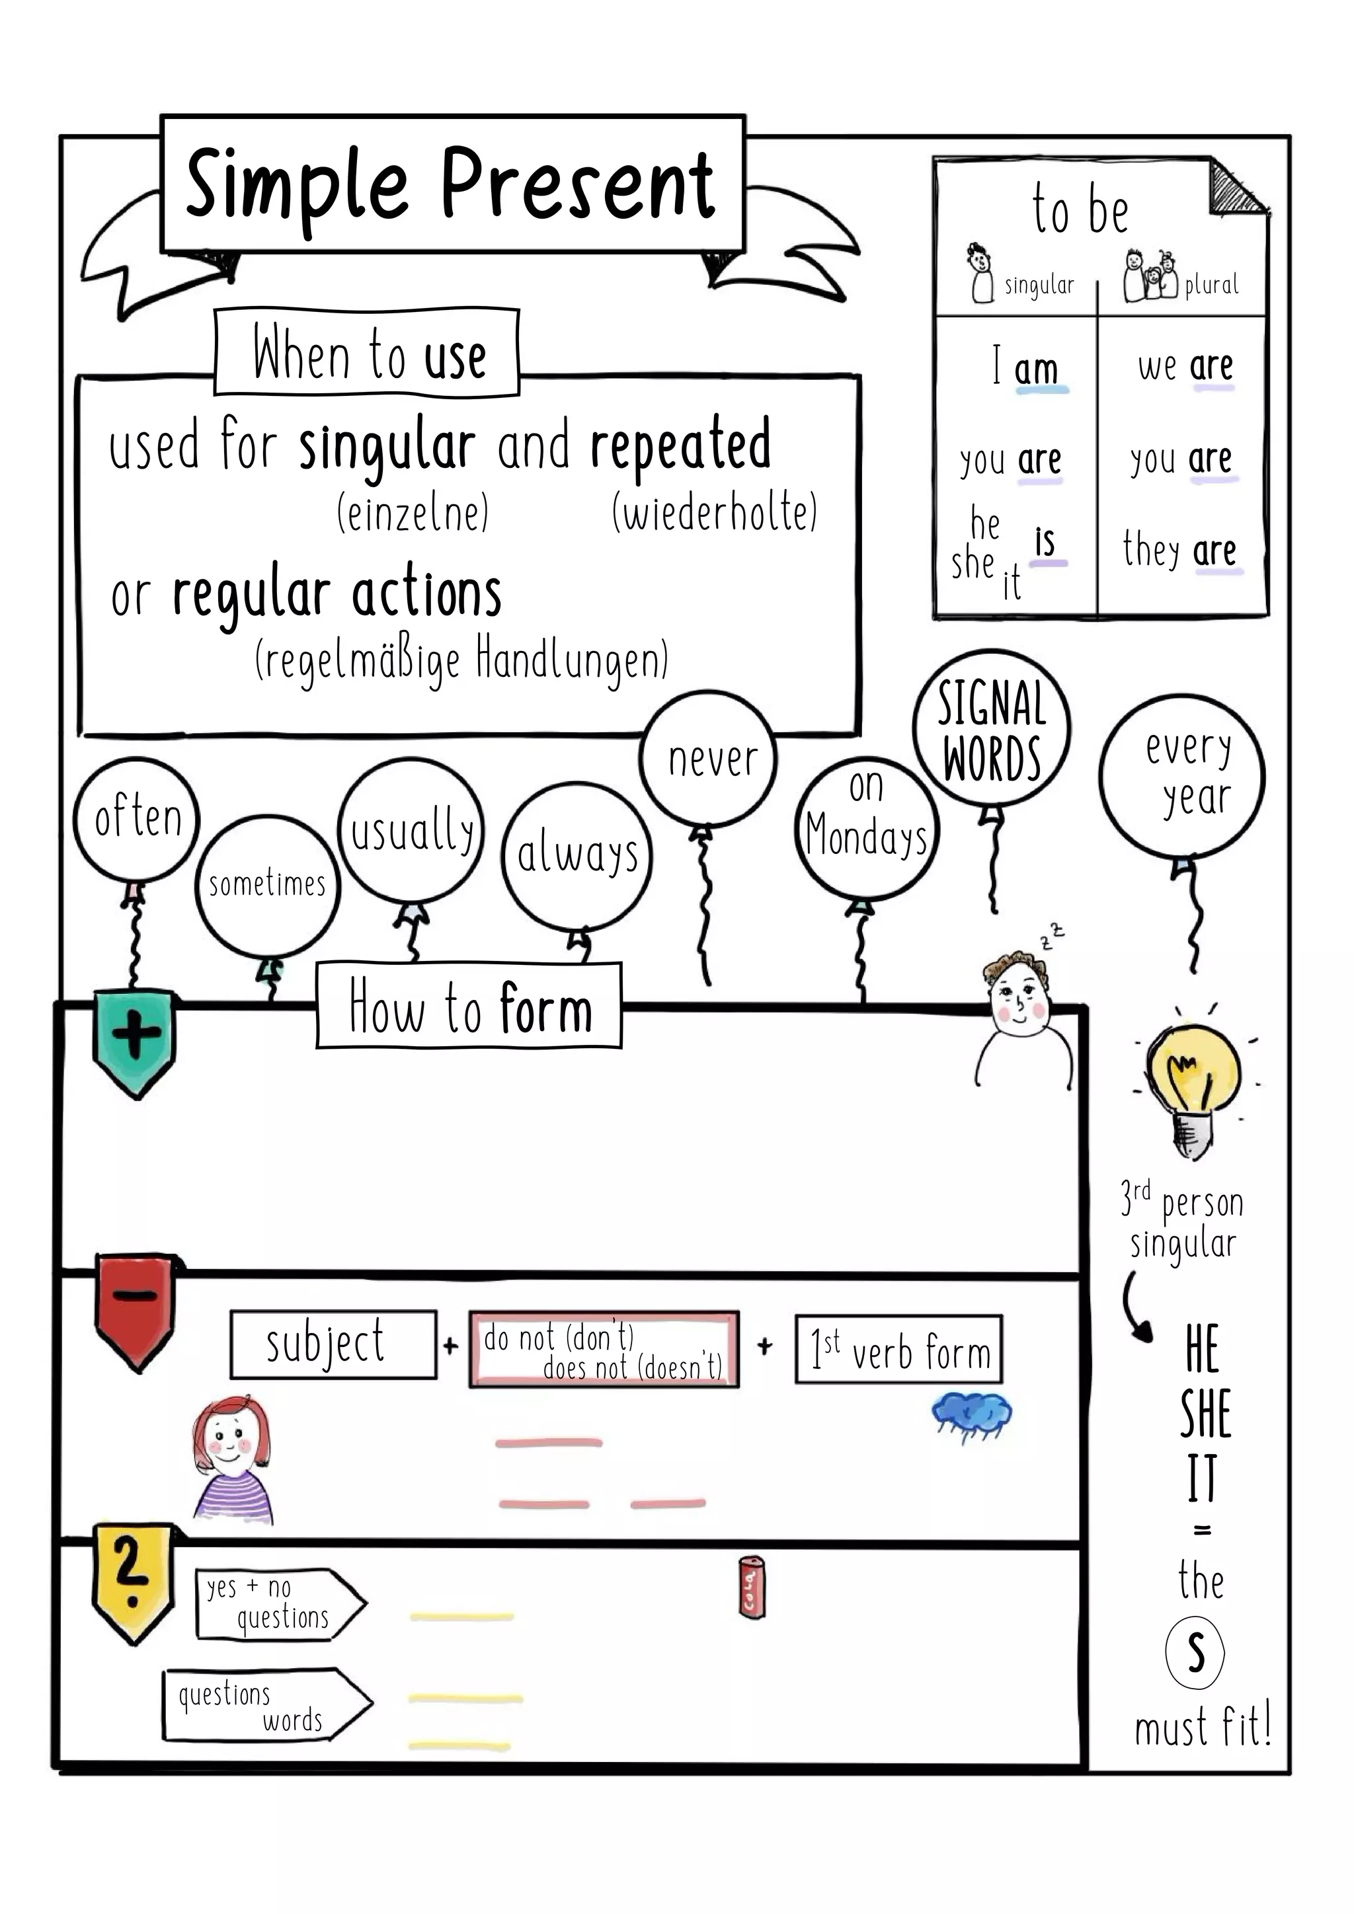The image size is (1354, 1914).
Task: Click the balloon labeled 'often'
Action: [x=137, y=819]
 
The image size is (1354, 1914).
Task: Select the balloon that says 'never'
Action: [x=709, y=759]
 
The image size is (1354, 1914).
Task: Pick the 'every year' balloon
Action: [x=1182, y=775]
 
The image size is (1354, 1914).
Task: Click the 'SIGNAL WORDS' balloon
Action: [x=991, y=730]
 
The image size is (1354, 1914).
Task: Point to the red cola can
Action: [x=751, y=1588]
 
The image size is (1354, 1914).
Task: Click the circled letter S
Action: [x=1194, y=1652]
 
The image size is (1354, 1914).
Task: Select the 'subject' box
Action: [x=333, y=1345]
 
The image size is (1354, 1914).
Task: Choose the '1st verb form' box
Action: [x=898, y=1349]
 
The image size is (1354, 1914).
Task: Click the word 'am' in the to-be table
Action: [x=1037, y=369]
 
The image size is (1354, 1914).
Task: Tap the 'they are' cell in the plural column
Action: [x=1179, y=550]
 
